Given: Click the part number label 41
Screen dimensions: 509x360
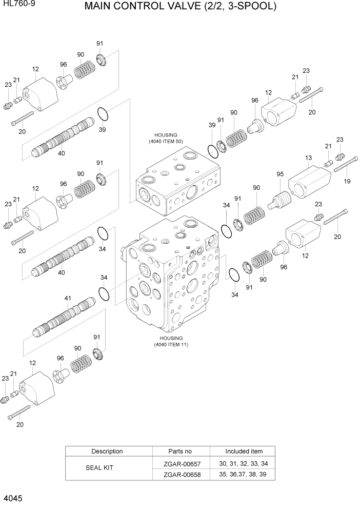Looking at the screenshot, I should (68, 298).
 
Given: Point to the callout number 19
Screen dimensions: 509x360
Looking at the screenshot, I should (347, 181).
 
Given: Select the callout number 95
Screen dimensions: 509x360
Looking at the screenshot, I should (280, 174).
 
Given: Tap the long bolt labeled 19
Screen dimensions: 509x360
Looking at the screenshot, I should (345, 166).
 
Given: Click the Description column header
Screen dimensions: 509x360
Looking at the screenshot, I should (107, 452).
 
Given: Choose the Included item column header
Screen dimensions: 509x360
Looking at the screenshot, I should (244, 452).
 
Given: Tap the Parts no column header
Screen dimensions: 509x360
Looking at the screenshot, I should (180, 452).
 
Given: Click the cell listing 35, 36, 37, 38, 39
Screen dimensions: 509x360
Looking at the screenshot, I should (244, 475).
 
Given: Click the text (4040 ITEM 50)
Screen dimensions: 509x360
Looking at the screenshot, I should (166, 141).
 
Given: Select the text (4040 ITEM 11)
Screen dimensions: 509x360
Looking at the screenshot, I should (171, 345).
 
